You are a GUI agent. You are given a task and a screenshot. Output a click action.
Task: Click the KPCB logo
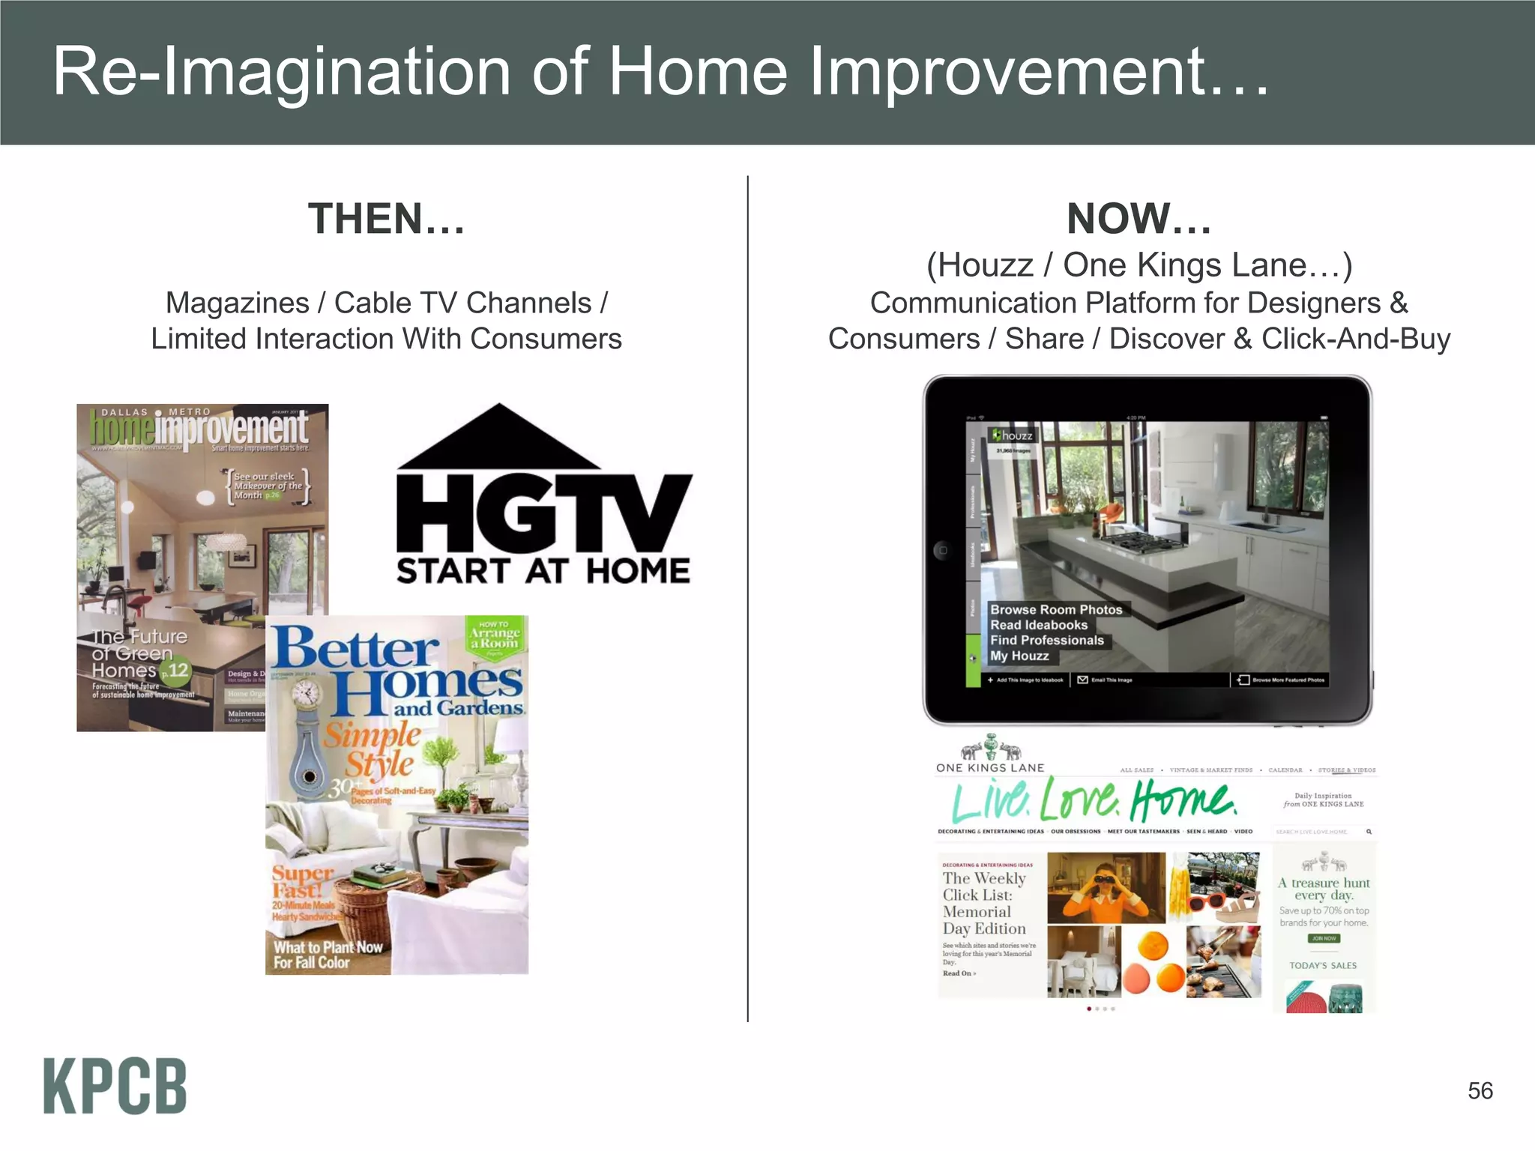coord(115,1086)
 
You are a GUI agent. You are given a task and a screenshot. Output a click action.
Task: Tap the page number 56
coord(1480,1090)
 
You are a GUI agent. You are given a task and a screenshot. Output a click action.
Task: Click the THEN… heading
coord(386,219)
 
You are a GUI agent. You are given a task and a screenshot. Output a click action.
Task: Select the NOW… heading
coord(1139,219)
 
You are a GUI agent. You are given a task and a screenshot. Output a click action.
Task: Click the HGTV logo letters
coord(543,513)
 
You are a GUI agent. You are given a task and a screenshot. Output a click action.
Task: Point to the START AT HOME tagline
coord(543,572)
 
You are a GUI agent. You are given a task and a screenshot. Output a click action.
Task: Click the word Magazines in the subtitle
coord(237,303)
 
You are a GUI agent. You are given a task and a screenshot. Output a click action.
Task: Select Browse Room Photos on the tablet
coord(1056,609)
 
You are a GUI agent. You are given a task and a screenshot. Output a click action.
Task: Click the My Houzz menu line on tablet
coord(1019,656)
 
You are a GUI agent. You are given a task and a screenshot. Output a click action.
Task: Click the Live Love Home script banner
coord(1094,800)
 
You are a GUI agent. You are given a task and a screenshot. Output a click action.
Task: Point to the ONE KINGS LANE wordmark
coord(989,767)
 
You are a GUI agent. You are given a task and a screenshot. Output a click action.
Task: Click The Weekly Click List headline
coord(984,903)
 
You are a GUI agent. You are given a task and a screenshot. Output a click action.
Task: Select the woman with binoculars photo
coord(1106,887)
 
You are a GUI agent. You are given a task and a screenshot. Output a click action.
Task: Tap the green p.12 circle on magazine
coord(177,670)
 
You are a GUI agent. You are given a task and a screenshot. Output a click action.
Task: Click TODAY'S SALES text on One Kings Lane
coord(1323,965)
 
